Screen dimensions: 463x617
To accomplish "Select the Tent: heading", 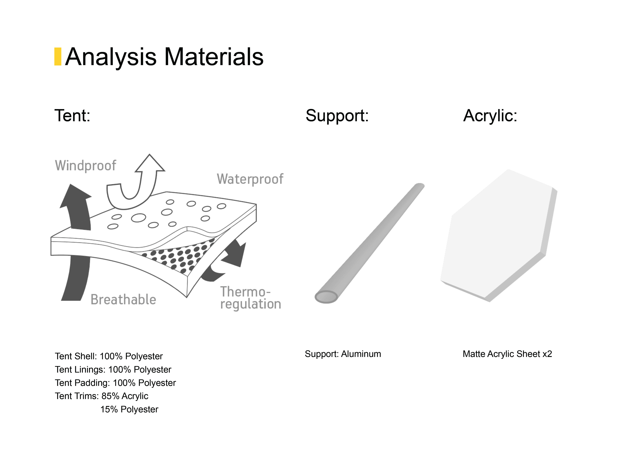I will pyautogui.click(x=72, y=116).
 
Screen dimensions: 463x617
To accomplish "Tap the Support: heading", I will pyautogui.click(x=337, y=116).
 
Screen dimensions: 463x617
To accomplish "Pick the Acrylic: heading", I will pyautogui.click(x=490, y=116).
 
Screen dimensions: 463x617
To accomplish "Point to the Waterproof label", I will pyautogui.click(x=250, y=179).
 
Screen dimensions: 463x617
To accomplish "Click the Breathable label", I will pyautogui.click(x=123, y=300).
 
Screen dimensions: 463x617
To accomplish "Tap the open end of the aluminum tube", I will pyautogui.click(x=326, y=297).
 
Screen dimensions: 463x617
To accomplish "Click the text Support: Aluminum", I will pyautogui.click(x=343, y=354).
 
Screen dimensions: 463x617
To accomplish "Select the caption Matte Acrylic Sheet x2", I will pyautogui.click(x=507, y=354).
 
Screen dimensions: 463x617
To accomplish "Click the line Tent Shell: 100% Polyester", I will pyautogui.click(x=109, y=356).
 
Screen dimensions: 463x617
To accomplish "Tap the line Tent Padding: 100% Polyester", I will pyautogui.click(x=115, y=383).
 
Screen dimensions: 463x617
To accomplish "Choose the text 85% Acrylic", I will pyautogui.click(x=125, y=396).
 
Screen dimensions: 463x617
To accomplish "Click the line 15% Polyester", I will pyautogui.click(x=129, y=409).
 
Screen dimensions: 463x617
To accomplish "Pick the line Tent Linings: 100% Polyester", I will pyautogui.click(x=113, y=369).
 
